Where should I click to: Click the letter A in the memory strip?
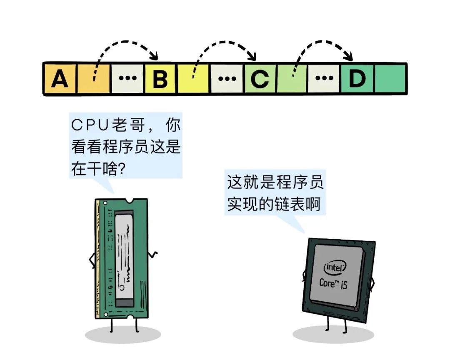(x=60, y=79)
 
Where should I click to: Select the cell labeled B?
(x=160, y=79)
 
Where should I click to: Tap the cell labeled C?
(x=260, y=79)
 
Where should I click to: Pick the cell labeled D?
(x=357, y=79)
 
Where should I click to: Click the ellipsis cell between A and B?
(x=127, y=79)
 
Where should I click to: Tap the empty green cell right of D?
(x=390, y=79)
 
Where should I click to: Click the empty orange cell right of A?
(x=94, y=79)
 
